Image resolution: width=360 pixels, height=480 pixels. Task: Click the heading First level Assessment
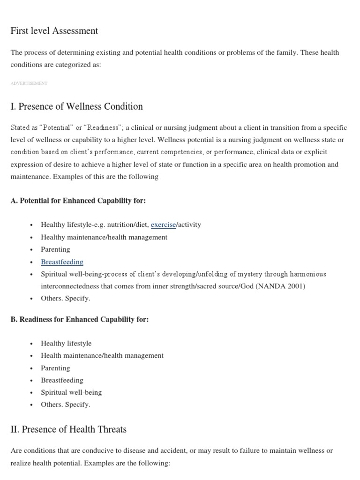coord(54,31)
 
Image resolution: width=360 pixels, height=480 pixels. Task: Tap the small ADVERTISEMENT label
coord(29,83)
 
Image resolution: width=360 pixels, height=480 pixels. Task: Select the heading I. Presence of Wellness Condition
coord(76,106)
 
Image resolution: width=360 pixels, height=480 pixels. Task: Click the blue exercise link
coord(163,225)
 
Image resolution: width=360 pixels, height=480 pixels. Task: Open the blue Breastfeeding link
coord(62,262)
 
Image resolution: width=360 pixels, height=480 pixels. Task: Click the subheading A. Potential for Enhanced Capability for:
coord(78,201)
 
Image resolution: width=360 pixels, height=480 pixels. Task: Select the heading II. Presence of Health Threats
coord(68,429)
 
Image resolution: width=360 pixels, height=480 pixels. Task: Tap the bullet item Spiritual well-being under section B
coord(71,392)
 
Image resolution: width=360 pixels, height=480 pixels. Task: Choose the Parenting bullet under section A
coord(55,249)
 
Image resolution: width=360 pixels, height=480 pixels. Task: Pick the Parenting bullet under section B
coord(55,368)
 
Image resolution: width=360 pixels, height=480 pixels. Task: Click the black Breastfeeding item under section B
coord(62,380)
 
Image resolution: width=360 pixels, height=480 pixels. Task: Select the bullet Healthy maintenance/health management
coord(104,237)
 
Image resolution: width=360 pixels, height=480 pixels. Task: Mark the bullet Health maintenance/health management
coord(102,355)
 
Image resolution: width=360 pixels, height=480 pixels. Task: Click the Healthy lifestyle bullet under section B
coord(66,343)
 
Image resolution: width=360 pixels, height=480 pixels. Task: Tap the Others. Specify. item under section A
coord(65,298)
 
